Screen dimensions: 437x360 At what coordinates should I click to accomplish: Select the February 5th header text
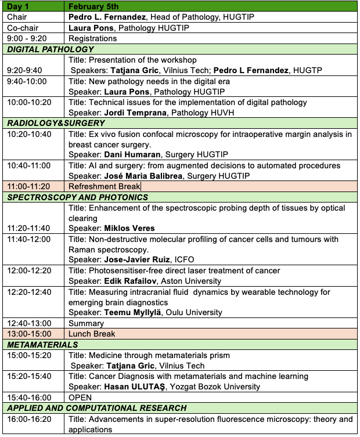(x=93, y=6)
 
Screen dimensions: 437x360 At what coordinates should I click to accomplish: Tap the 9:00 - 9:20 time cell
(x=27, y=38)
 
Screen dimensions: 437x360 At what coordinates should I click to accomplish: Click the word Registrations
(x=92, y=38)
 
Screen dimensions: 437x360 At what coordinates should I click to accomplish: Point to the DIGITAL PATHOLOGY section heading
(x=51, y=49)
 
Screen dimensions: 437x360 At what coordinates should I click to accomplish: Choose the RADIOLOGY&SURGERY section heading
(x=52, y=122)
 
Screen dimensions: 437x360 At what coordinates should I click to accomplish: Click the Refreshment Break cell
(x=105, y=186)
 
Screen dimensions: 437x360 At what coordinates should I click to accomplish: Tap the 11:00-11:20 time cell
(x=29, y=186)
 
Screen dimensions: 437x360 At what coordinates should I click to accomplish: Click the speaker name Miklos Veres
(x=129, y=228)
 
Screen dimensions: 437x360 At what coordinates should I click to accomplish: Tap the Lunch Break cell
(x=92, y=334)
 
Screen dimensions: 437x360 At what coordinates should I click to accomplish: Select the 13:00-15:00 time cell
(x=29, y=334)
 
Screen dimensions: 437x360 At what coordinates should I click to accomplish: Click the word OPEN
(x=80, y=398)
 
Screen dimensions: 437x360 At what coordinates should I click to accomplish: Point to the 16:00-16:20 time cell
(x=29, y=419)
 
